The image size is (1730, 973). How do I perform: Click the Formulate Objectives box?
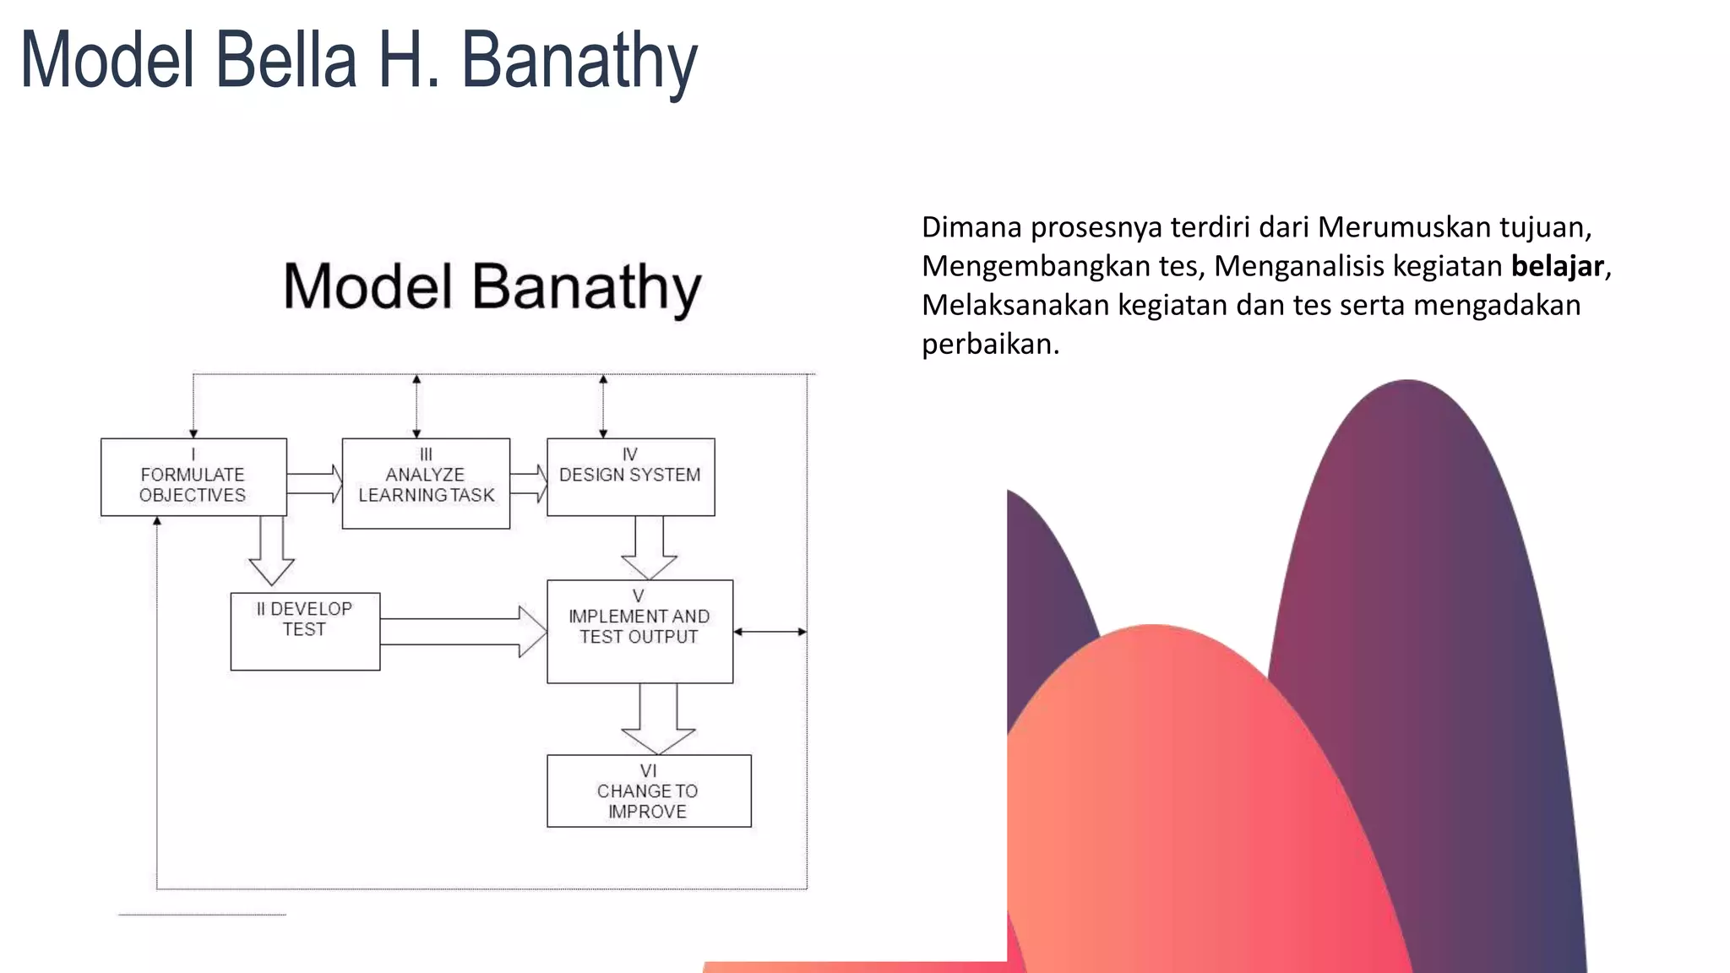click(x=193, y=477)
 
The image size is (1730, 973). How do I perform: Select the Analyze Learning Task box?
click(x=426, y=483)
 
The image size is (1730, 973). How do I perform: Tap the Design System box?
click(x=630, y=476)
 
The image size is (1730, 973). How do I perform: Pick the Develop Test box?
click(x=305, y=631)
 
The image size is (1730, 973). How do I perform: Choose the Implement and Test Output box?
click(x=639, y=631)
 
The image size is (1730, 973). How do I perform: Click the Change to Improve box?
click(x=649, y=791)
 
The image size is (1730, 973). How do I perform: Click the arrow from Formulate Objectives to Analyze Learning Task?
click(x=314, y=483)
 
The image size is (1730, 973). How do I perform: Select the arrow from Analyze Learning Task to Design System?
click(x=529, y=483)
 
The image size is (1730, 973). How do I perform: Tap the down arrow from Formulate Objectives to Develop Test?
click(x=271, y=550)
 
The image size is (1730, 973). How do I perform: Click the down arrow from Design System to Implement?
click(x=649, y=546)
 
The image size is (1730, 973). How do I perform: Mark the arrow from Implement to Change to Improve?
click(x=658, y=719)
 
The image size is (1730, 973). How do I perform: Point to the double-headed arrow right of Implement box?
click(x=770, y=632)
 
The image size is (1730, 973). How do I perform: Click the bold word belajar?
click(x=1557, y=266)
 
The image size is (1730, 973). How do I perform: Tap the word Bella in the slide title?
click(x=286, y=61)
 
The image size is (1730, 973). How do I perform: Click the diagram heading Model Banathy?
click(x=492, y=287)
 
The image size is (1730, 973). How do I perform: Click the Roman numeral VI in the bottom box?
click(x=648, y=770)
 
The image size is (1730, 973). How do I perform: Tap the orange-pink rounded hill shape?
click(x=1183, y=802)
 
